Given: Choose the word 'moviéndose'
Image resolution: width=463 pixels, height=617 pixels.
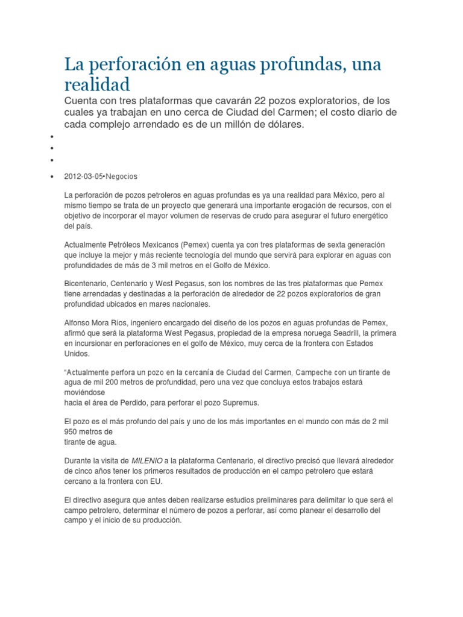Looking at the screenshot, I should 85,392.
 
